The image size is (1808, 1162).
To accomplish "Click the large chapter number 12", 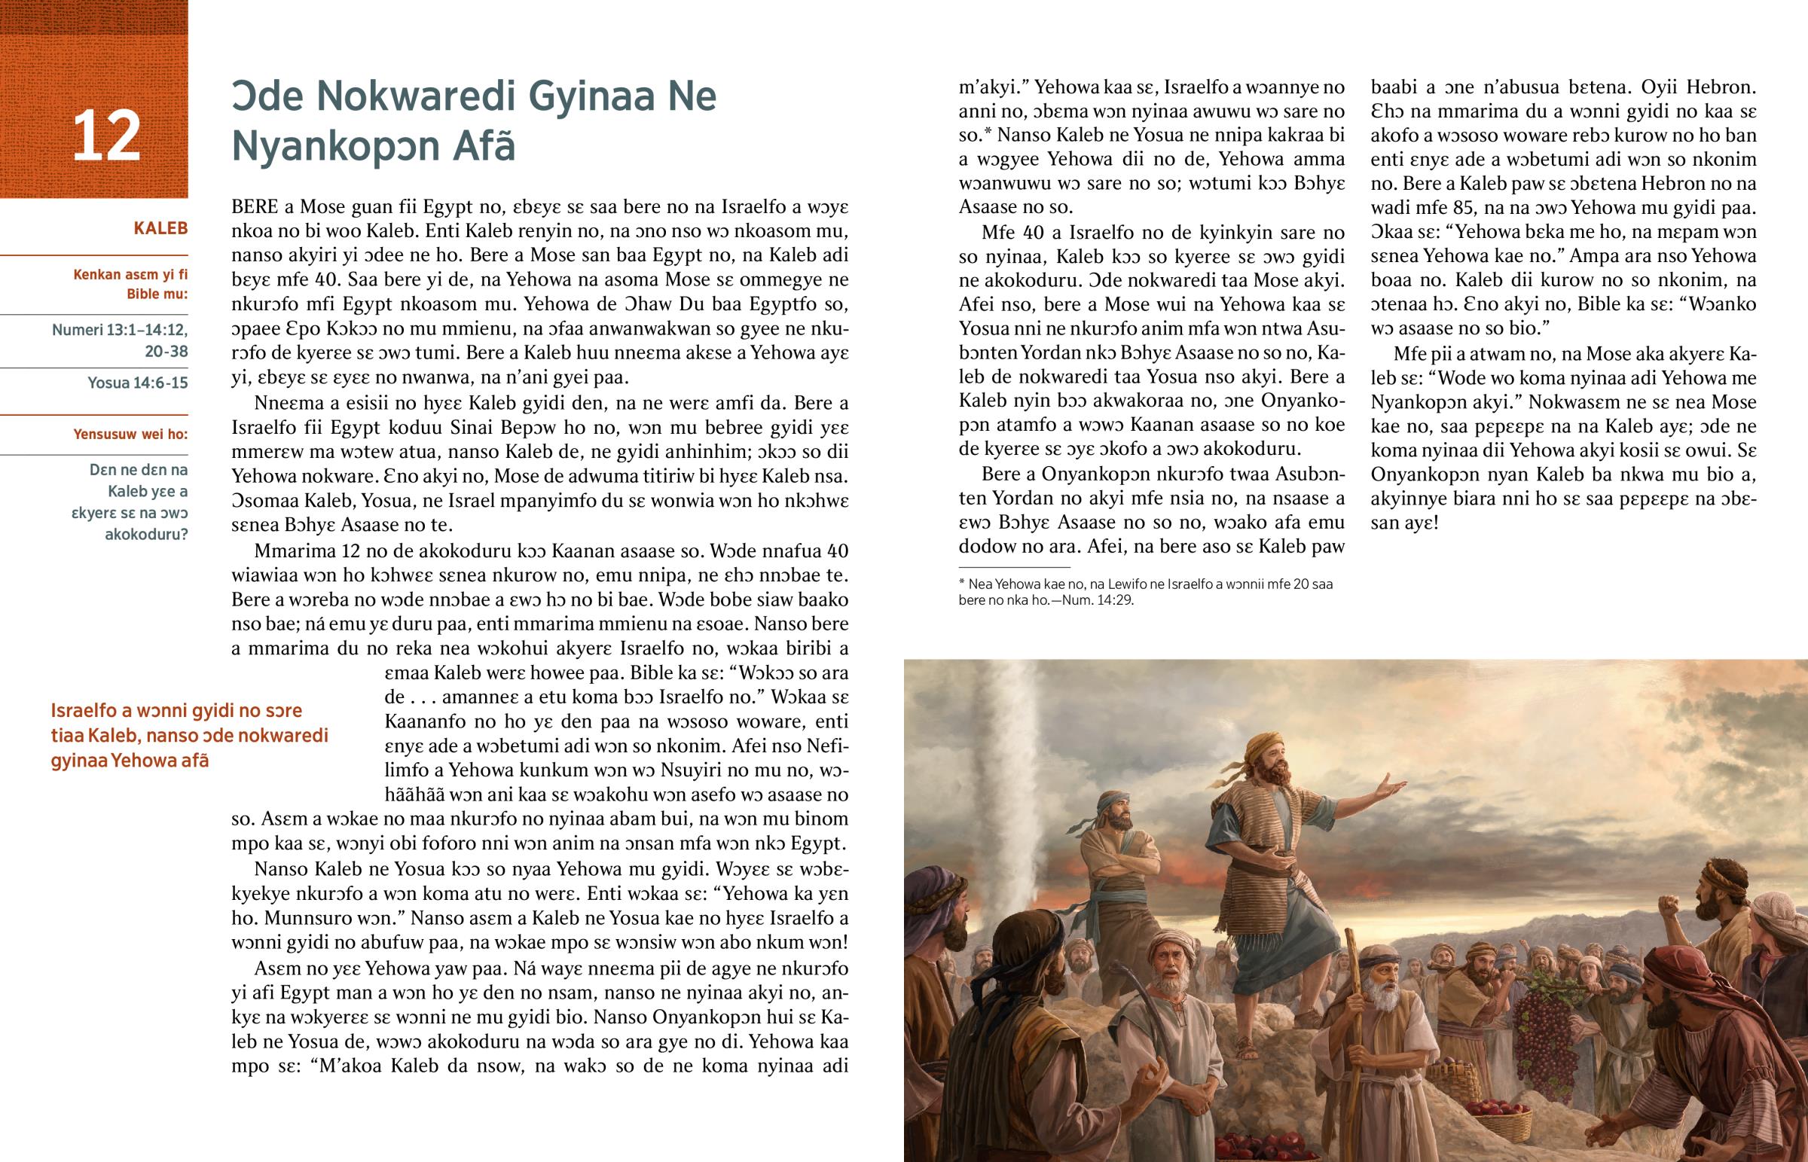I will tap(105, 136).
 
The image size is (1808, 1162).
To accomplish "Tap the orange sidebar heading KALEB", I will tap(160, 229).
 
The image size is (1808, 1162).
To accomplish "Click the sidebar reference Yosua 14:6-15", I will tap(137, 383).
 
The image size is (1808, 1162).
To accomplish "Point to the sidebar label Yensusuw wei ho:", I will tap(130, 434).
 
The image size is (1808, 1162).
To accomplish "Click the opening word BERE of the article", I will tap(255, 207).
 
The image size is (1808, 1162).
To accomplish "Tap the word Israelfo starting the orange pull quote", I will tap(84, 711).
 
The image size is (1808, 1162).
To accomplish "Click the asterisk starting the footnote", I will tap(962, 584).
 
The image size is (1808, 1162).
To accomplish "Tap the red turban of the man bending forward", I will tap(1680, 974).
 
